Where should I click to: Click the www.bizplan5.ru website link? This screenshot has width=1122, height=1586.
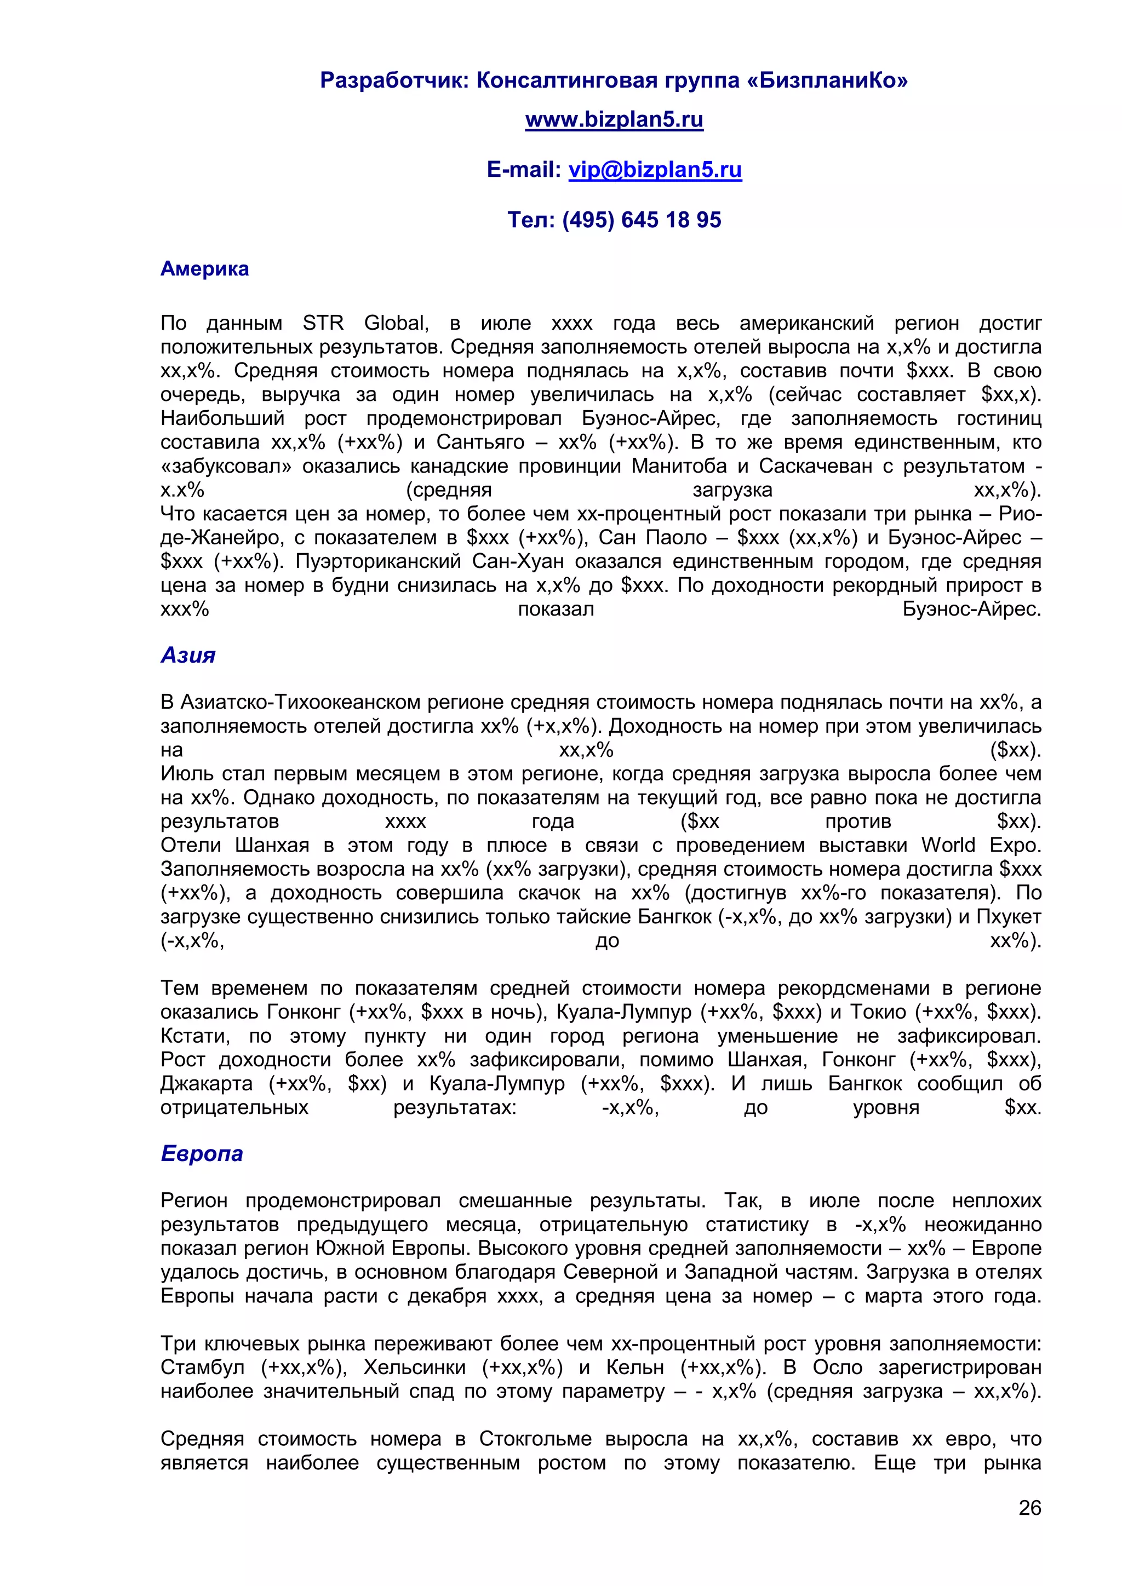click(x=614, y=119)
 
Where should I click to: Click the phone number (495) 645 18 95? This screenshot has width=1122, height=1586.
click(x=642, y=220)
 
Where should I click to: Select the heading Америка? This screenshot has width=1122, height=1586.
click(x=204, y=269)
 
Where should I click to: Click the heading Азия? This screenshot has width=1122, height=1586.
click(x=188, y=655)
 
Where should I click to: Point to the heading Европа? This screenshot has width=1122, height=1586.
click(x=202, y=1153)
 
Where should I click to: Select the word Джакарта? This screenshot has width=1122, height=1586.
click(x=207, y=1084)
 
